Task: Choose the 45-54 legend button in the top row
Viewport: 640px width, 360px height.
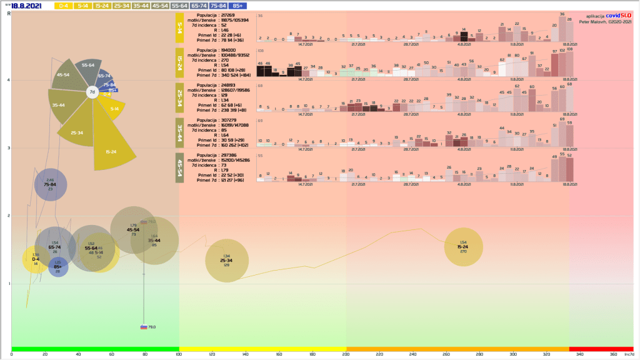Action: (x=159, y=6)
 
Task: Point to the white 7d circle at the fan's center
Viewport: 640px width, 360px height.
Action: (x=92, y=92)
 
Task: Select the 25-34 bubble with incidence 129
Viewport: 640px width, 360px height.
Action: (x=227, y=260)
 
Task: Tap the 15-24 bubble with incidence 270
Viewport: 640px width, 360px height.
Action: (x=463, y=246)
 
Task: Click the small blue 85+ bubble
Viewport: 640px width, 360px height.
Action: (x=58, y=267)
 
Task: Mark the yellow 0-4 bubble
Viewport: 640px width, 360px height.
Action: (x=36, y=259)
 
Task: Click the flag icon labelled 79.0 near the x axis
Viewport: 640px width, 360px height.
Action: (x=144, y=327)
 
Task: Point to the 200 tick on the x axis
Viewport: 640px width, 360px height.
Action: (x=346, y=355)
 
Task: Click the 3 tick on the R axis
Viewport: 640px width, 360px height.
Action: (x=8, y=148)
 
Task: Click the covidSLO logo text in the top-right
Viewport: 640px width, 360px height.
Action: (x=619, y=16)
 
